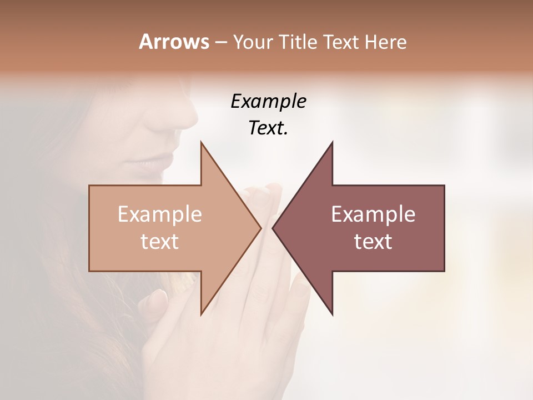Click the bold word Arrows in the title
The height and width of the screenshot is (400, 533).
[x=174, y=42]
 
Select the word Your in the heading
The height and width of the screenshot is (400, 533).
[x=253, y=42]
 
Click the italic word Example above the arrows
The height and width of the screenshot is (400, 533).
[x=268, y=101]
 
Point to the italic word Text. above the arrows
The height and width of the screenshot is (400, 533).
[x=268, y=128]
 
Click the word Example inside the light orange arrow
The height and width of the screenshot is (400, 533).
[x=159, y=214]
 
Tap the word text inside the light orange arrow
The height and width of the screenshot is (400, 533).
[x=159, y=242]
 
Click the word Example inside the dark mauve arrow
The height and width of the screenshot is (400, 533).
[x=373, y=214]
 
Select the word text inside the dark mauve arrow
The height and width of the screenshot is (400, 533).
[x=373, y=242]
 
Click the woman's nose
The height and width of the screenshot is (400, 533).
[x=186, y=114]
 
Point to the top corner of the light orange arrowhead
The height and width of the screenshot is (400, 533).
[x=201, y=142]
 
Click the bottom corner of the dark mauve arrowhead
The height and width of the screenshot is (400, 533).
[x=333, y=314]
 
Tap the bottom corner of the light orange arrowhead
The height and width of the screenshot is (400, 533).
[x=201, y=314]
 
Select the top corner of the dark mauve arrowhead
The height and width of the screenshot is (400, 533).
[x=333, y=142]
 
